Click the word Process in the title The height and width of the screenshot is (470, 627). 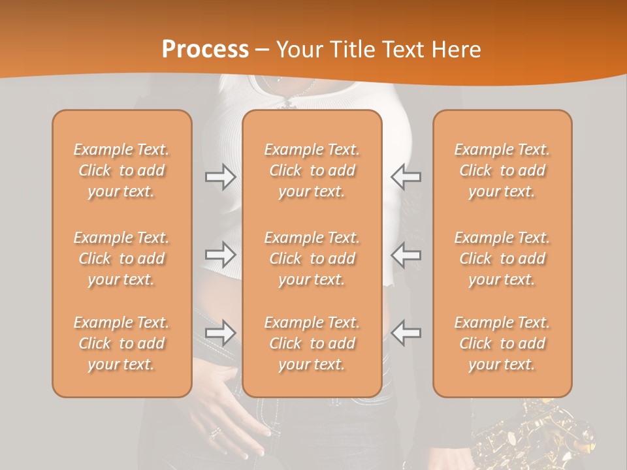[205, 49]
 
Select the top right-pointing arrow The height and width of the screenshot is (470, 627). [220, 177]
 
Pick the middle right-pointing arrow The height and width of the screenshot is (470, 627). [220, 255]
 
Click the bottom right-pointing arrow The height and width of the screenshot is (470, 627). [220, 332]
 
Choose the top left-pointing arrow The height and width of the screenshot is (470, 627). [406, 177]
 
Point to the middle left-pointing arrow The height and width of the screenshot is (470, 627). [406, 255]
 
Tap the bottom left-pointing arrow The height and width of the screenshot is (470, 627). [406, 332]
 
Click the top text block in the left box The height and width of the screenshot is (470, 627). [121, 170]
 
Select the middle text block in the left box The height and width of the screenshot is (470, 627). [121, 258]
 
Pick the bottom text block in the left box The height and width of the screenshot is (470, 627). [121, 343]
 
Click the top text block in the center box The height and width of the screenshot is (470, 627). [312, 170]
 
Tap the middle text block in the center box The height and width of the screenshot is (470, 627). [312, 258]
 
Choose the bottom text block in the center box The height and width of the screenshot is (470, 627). [312, 343]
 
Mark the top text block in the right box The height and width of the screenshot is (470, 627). [502, 170]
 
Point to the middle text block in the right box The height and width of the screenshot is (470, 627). [502, 258]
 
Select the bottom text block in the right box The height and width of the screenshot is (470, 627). [502, 343]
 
